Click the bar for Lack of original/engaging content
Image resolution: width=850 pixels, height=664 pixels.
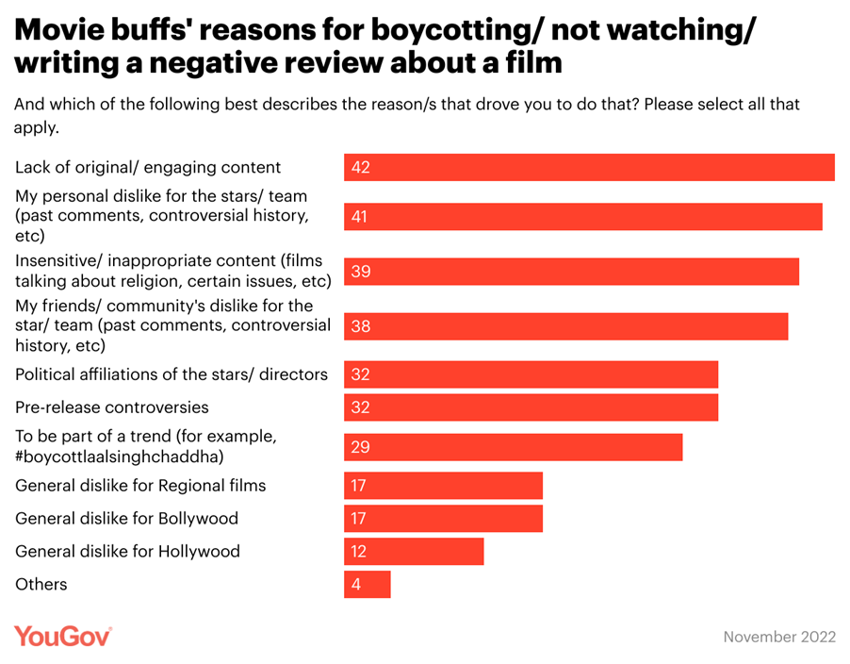click(589, 167)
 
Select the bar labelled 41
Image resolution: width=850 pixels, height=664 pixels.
click(582, 216)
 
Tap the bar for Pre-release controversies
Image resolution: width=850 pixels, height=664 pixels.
click(531, 407)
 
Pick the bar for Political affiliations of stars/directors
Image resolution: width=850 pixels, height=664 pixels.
click(531, 374)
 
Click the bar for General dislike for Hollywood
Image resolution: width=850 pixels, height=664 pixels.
click(414, 552)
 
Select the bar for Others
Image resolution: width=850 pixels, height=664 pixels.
click(368, 585)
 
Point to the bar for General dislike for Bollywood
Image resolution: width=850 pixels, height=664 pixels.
click(443, 519)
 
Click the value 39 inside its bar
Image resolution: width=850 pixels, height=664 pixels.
click(360, 272)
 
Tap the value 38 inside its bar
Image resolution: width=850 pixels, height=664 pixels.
click(360, 326)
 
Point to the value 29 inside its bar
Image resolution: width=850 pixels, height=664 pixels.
click(360, 447)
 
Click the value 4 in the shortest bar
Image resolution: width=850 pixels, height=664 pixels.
click(356, 585)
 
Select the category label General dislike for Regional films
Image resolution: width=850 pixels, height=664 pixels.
click(140, 486)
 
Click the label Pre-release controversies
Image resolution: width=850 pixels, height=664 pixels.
click(112, 407)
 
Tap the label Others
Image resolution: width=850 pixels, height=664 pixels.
click(41, 585)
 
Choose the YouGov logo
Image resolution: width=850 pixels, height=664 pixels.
click(62, 637)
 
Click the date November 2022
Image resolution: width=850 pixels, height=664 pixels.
click(779, 638)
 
